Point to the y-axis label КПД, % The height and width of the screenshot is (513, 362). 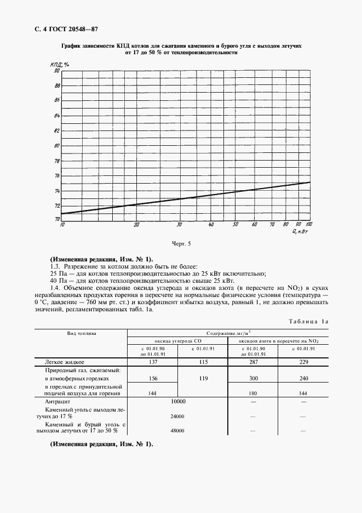tap(59, 65)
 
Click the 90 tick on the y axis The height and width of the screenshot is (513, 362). tap(56, 71)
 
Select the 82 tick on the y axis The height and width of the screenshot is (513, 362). tap(56, 131)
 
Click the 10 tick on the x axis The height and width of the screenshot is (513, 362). tap(62, 225)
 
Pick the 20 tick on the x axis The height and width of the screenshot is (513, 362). tap(136, 225)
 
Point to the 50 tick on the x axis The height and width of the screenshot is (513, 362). tap(234, 225)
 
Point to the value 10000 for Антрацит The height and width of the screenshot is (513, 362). tap(178, 402)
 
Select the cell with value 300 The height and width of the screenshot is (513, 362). tap(254, 378)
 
